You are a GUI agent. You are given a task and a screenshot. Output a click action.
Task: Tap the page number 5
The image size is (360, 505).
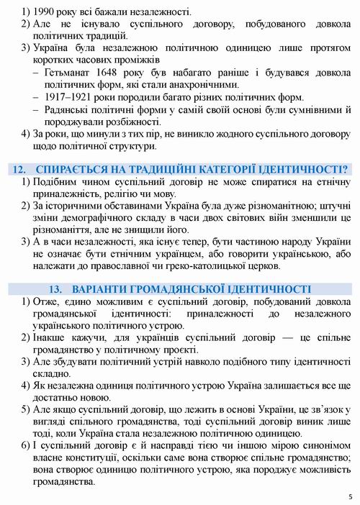tap(349, 496)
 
